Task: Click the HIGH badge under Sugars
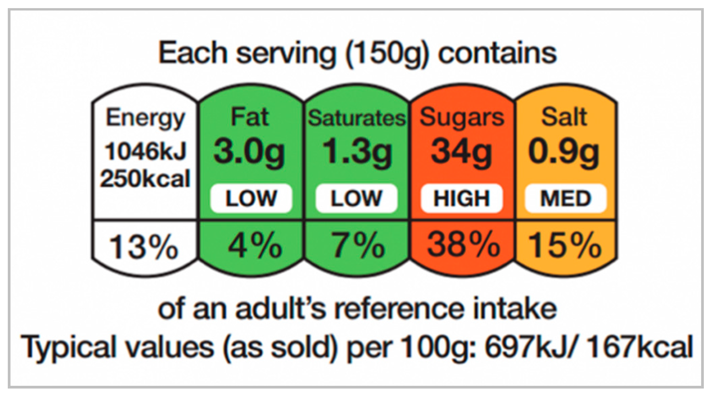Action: (x=462, y=198)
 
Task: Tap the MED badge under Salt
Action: (x=565, y=198)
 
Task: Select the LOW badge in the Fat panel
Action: (x=251, y=198)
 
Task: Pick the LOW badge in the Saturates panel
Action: (x=356, y=198)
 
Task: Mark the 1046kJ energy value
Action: (x=146, y=151)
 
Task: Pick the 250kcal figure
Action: (x=145, y=179)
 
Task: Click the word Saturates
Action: (x=357, y=119)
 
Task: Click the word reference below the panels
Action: (x=399, y=309)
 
